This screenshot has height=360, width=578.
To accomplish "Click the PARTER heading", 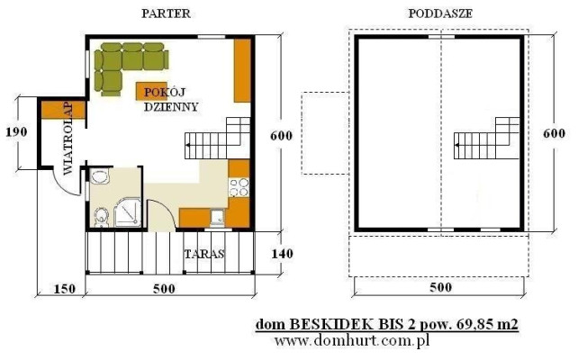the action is (166, 13).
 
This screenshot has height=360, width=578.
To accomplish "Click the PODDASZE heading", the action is (440, 13).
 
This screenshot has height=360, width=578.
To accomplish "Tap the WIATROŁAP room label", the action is (68, 139).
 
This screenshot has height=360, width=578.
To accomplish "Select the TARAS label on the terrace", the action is (204, 254).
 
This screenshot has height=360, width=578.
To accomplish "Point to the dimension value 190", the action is (16, 132).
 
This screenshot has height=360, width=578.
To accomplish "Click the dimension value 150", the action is (65, 289).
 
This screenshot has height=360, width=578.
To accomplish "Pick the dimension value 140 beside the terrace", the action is (283, 254).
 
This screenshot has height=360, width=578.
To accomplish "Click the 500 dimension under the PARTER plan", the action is (164, 289).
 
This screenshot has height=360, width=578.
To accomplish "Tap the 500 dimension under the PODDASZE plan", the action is (441, 287).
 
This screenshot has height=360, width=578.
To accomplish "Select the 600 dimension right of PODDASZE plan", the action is (554, 133).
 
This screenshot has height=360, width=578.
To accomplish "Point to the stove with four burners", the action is (239, 187).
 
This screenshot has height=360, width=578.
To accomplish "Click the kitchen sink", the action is (218, 217).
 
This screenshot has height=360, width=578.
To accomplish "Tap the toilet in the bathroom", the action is (100, 218).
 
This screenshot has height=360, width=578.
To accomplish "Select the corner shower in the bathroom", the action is (128, 212).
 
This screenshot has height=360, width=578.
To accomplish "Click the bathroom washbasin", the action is (100, 176).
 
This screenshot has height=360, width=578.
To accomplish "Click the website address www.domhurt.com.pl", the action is (352, 341).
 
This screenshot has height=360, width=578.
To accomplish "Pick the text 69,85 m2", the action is (487, 325).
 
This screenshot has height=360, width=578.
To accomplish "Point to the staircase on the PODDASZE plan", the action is (486, 139).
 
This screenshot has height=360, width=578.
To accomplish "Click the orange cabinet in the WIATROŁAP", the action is (63, 110).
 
